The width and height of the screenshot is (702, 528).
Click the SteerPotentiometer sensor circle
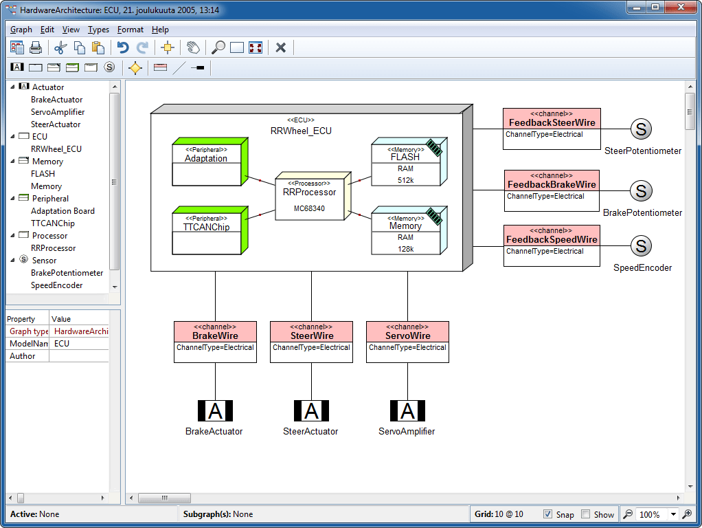pyautogui.click(x=640, y=129)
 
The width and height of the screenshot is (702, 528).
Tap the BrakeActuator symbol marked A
pyautogui.click(x=215, y=411)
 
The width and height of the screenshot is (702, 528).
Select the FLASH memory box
pyautogui.click(x=405, y=165)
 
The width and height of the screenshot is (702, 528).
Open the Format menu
pyautogui.click(x=131, y=30)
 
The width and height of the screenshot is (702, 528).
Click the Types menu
pyautogui.click(x=98, y=30)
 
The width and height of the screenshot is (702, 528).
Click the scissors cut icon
pyautogui.click(x=60, y=47)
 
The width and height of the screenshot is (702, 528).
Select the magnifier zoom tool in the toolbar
pyautogui.click(x=218, y=47)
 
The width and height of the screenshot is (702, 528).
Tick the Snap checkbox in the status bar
pyautogui.click(x=547, y=514)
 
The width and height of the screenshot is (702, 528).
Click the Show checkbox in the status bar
pyautogui.click(x=586, y=514)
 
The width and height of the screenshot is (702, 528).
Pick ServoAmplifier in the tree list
pyautogui.click(x=58, y=112)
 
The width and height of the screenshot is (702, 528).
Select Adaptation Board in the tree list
pyautogui.click(x=63, y=211)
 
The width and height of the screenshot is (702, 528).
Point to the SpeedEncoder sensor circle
pyautogui.click(x=640, y=245)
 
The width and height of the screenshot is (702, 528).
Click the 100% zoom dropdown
pyautogui.click(x=657, y=514)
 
